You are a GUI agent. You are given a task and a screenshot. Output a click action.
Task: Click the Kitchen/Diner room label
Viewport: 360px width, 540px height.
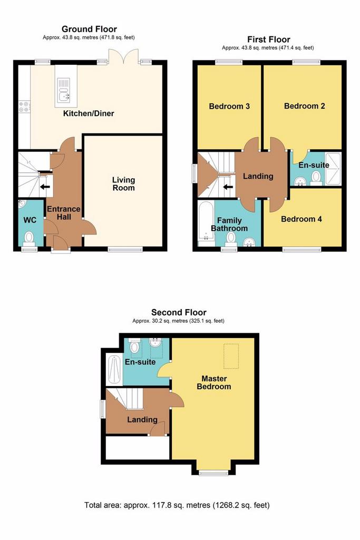89,113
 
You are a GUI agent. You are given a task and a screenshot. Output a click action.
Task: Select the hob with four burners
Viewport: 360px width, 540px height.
24,107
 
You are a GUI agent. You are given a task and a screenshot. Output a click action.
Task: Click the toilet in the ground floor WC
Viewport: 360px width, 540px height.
29,239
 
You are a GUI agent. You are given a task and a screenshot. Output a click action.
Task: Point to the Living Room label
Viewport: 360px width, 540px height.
123,184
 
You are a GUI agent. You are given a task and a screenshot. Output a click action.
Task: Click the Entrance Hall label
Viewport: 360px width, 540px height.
64,213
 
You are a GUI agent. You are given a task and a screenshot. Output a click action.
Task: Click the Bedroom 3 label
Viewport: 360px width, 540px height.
229,106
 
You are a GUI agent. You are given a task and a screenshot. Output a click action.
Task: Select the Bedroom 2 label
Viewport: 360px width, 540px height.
304,105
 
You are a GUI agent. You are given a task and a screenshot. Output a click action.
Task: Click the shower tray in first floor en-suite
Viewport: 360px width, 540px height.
333,169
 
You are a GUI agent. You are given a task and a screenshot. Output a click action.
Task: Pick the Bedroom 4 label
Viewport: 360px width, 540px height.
301,219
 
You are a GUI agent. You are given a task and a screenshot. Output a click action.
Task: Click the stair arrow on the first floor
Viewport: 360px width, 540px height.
228,187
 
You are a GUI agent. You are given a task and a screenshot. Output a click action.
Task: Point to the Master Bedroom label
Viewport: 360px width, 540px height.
213,382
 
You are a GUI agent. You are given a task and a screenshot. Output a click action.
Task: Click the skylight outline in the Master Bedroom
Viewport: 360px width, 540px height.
231,356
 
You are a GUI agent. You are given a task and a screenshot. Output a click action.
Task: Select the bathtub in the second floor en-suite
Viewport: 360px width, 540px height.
114,370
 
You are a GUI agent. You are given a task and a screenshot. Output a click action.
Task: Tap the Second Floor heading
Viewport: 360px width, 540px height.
179,312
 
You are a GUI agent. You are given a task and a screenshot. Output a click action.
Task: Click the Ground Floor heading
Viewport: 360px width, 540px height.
89,29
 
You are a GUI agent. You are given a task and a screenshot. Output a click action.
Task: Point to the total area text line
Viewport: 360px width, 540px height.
177,505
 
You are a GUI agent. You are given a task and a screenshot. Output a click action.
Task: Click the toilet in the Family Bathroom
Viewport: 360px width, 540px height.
231,238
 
